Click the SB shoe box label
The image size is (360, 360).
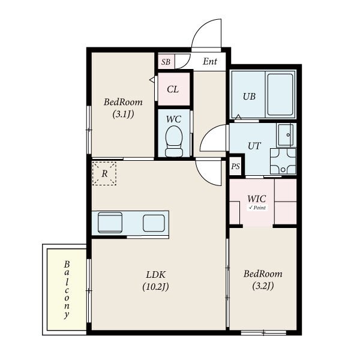[166, 62]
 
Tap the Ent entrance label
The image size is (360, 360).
[210, 61]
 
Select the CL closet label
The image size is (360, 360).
[173, 89]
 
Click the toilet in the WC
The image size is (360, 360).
[174, 141]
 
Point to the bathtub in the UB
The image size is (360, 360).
[280, 94]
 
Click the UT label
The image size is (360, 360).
[254, 146]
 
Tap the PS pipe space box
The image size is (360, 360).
[236, 166]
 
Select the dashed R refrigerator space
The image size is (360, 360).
[104, 173]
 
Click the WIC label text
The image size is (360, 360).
[257, 199]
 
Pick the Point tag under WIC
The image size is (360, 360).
[257, 208]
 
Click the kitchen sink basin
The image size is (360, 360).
[110, 223]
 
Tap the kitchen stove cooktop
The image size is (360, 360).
[154, 223]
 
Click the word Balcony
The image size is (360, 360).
[67, 290]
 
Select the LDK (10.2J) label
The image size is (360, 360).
[155, 281]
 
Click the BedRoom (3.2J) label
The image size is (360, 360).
[263, 280]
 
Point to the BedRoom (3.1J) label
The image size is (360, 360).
[123, 108]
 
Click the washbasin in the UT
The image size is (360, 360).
[286, 135]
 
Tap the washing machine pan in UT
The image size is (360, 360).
[283, 161]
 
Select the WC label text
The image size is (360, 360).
[173, 119]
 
